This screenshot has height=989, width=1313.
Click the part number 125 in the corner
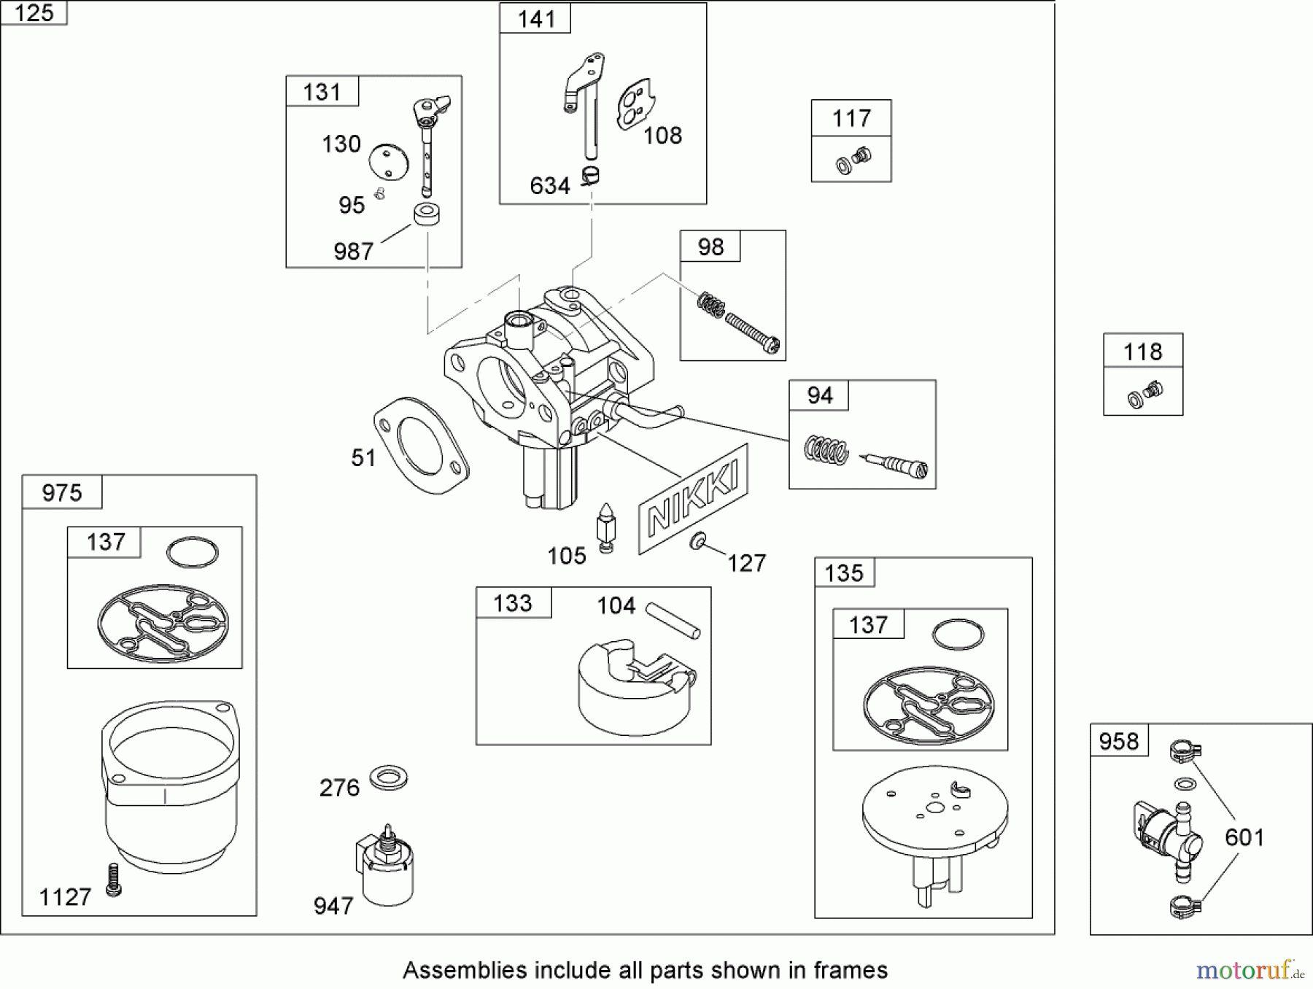pos(34,12)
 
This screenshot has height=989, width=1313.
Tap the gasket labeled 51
pos(421,445)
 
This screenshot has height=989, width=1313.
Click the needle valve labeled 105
pos(605,527)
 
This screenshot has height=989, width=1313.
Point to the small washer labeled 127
pos(698,541)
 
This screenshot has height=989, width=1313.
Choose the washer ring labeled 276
pos(388,777)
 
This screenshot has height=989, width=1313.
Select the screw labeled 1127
pos(113,880)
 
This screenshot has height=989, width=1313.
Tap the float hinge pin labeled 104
pos(674,619)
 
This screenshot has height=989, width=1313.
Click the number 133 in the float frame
pos(513,603)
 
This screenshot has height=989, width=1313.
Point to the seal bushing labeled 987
pos(427,214)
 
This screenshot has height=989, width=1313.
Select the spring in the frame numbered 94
pos(826,449)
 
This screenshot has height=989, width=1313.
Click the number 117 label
pos(851,118)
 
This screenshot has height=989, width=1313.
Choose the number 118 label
pos(1142,352)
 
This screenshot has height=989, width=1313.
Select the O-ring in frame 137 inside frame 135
pos(958,635)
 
